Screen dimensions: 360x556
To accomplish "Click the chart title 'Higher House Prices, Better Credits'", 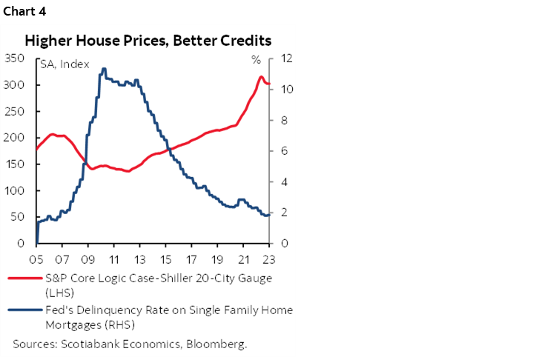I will click(148, 40).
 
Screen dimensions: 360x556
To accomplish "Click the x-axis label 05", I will click(36, 259).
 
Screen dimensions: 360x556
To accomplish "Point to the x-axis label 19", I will click(216, 259).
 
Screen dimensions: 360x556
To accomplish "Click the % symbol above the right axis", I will click(256, 60).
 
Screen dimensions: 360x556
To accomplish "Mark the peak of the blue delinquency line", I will click(103, 68).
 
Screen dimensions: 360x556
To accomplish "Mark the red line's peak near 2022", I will click(261, 76).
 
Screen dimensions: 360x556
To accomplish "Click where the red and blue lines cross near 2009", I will click(86, 163).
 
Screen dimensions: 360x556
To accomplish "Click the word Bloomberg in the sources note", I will click(219, 344).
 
